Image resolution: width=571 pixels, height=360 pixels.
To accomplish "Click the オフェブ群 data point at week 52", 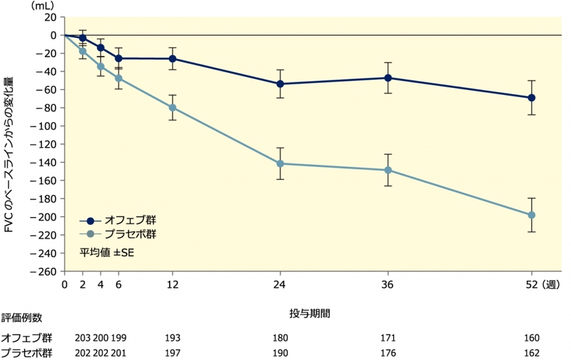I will (531, 97).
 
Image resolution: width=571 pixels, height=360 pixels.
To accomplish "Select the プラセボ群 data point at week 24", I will (281, 164).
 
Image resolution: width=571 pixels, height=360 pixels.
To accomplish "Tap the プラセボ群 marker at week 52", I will (531, 215).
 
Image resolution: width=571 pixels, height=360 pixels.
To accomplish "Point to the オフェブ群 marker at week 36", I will (388, 78).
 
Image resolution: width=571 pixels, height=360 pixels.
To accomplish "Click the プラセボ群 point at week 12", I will (172, 107).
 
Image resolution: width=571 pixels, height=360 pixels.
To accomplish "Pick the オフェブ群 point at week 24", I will (281, 84).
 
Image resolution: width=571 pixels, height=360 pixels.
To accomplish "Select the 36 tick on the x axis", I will (388, 284).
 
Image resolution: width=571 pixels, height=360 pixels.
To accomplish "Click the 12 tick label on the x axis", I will (172, 284).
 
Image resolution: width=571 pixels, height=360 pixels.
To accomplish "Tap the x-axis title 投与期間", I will (309, 313).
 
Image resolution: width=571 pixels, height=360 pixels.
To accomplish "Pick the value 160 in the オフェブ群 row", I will (531, 337).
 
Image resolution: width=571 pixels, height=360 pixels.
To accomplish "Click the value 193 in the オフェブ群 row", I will (172, 337).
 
